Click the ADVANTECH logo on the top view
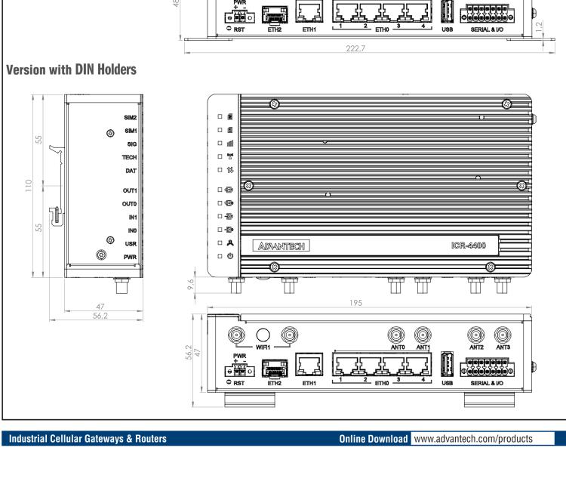283,246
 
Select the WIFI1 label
263,348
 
